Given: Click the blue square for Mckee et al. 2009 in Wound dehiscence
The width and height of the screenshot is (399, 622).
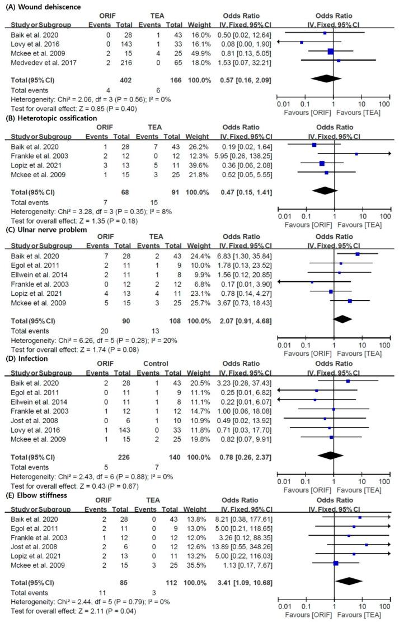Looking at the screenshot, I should [330, 52].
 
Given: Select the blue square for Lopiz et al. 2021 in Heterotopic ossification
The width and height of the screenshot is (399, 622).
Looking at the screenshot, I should [321, 164].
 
